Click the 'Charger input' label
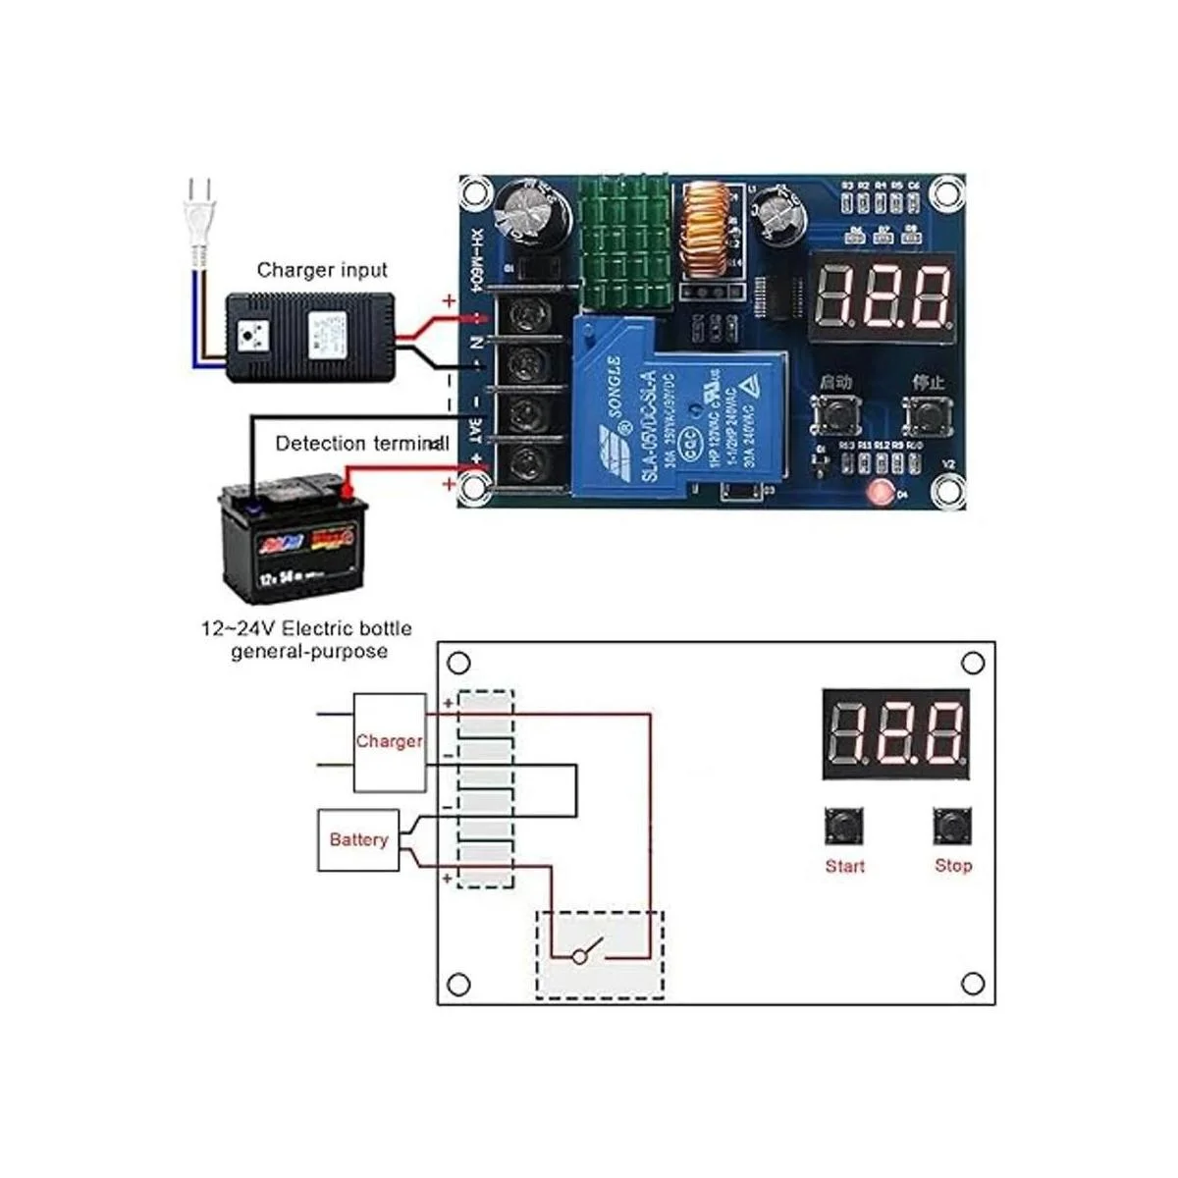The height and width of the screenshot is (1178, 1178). click(322, 269)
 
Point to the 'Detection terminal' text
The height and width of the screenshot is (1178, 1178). click(361, 443)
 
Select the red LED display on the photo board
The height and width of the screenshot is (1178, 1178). click(884, 294)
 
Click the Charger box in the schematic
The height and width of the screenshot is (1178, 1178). click(389, 742)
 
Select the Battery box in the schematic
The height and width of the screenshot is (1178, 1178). click(358, 839)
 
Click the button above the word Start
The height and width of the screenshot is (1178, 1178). click(844, 827)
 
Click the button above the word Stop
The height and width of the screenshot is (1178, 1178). click(952, 827)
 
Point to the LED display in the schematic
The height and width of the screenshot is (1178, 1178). click(895, 733)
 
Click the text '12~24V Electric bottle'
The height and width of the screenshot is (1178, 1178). click(306, 628)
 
